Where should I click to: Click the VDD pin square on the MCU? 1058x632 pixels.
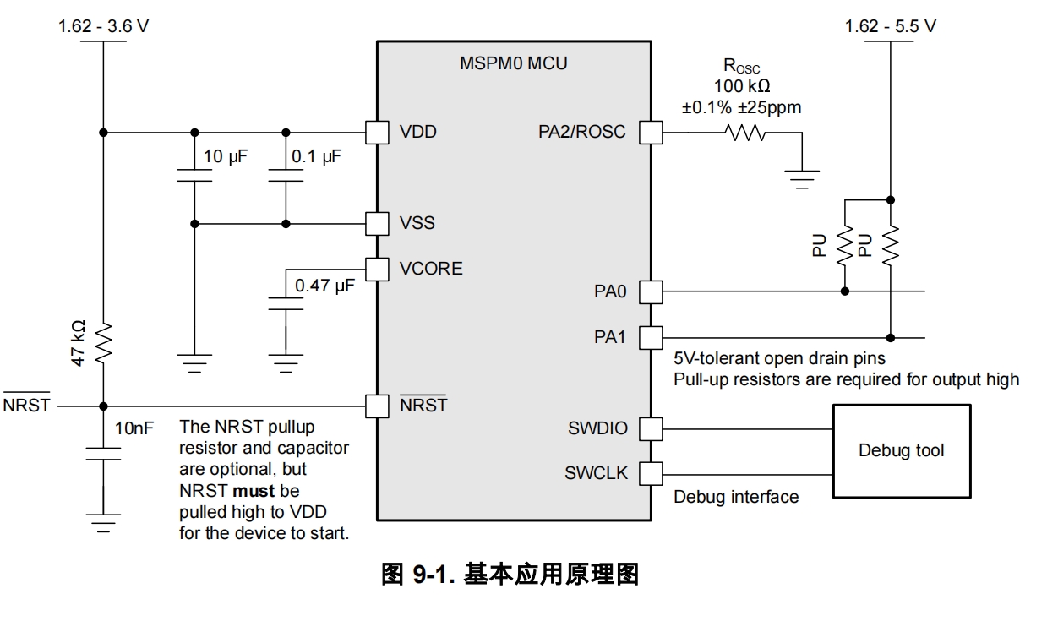coord(377,133)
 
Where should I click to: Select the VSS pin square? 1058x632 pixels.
coord(377,223)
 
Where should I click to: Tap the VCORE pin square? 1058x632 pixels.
coord(377,270)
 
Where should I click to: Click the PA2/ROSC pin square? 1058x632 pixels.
coord(651,133)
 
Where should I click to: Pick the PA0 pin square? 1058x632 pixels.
coord(651,291)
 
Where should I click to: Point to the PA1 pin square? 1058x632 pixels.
coord(651,338)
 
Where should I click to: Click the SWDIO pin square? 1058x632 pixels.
coord(651,429)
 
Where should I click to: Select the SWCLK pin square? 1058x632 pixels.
coord(651,474)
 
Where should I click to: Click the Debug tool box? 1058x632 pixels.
coord(902,451)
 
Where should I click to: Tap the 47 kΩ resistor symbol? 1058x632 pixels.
coord(103,343)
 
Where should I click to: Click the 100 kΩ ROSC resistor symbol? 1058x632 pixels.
coord(745,133)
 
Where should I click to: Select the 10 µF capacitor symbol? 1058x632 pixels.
coord(194,176)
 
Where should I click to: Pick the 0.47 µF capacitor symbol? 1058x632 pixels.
coord(286,303)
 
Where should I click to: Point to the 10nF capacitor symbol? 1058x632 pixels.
coord(103,454)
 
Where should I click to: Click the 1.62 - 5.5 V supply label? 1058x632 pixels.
coord(891,26)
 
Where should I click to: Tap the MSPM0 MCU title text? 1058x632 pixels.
coord(514,63)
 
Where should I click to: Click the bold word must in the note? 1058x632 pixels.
coord(254,491)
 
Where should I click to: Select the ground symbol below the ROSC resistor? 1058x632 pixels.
coord(802,179)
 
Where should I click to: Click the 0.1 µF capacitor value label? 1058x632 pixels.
coord(316,157)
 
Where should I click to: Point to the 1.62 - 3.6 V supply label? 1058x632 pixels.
coord(103,26)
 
